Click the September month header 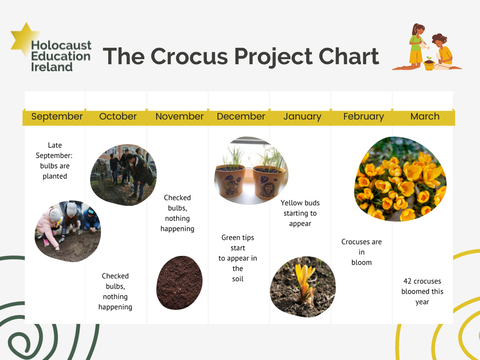click(x=57, y=117)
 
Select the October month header click(x=118, y=117)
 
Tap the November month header click(x=180, y=117)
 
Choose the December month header click(x=241, y=117)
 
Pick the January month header click(x=302, y=117)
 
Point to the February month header click(x=363, y=117)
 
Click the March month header click(x=425, y=117)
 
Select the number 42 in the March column click(x=408, y=281)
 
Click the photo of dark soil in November click(x=179, y=283)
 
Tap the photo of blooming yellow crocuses click(x=400, y=179)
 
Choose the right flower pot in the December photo click(x=269, y=182)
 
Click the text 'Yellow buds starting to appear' click(x=300, y=213)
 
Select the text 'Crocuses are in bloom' click(x=361, y=252)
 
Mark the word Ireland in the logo click(x=51, y=67)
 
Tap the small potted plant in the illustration click(x=429, y=64)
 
